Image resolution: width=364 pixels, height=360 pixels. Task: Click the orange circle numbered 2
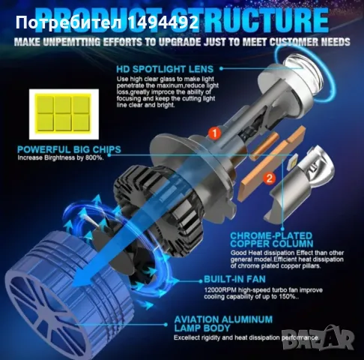269,177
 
